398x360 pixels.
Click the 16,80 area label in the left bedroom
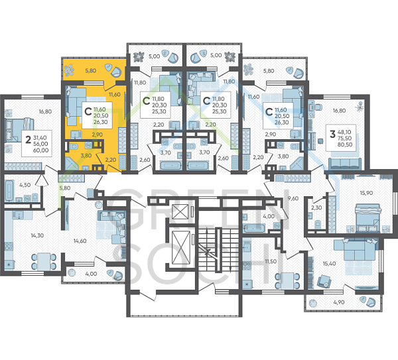click(x=45, y=111)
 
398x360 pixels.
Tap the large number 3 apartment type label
click(x=332, y=134)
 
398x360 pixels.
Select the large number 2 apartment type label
click(x=28, y=139)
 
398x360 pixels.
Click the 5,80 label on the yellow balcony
click(x=91, y=70)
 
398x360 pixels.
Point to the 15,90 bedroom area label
click(x=366, y=193)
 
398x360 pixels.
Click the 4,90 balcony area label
click(x=339, y=302)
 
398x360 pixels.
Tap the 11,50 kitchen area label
click(x=271, y=261)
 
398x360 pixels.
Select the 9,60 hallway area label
click(x=293, y=198)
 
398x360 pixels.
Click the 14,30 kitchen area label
click(x=37, y=235)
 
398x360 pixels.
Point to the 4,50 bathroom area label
click(x=25, y=185)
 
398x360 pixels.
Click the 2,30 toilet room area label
click(x=316, y=208)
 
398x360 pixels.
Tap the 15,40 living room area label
click(x=329, y=264)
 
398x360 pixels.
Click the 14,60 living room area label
click(x=80, y=241)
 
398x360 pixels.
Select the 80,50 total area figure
click(x=344, y=145)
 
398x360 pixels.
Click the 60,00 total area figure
click(x=40, y=150)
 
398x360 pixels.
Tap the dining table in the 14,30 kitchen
click(x=44, y=261)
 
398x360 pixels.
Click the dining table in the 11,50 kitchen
click(x=287, y=281)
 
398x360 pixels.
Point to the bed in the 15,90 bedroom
click(x=368, y=218)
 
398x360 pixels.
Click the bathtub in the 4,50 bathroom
click(x=9, y=190)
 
